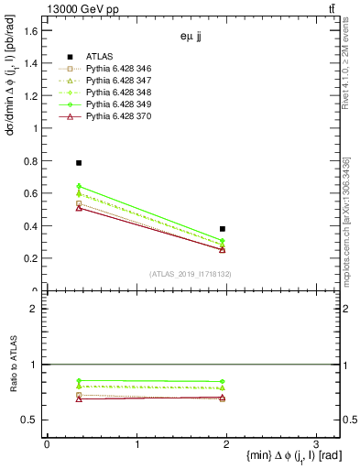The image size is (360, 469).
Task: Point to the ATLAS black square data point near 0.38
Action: [223, 229]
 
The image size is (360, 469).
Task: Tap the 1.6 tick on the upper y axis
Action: [31, 31]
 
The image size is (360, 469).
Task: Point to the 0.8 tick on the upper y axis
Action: [31, 161]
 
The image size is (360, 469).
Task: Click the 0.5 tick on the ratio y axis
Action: [31, 420]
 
